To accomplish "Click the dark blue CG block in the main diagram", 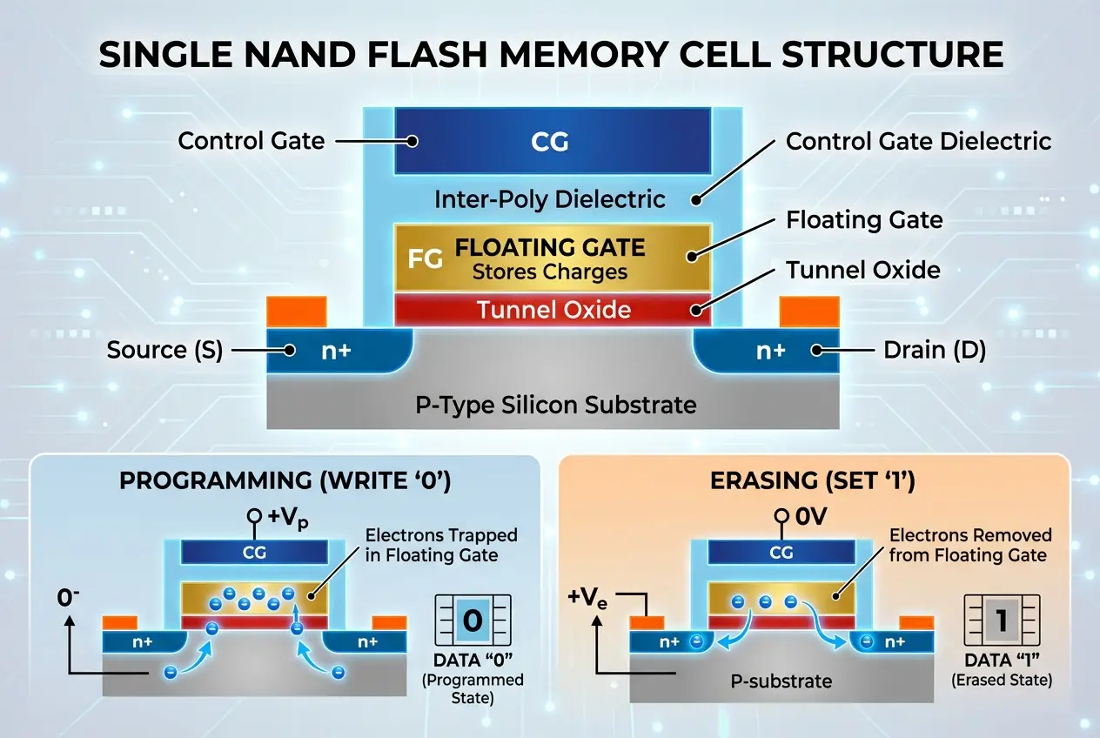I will point(553,141).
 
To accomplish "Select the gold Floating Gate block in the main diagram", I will point(553,258).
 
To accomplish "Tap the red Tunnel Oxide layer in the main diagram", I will point(553,309).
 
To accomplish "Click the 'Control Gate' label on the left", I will point(251,141).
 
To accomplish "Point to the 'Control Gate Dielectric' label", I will point(918,141).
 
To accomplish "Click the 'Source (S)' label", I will point(164,351).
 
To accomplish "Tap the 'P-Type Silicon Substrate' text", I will point(553,405).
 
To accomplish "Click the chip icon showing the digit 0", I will point(473,621).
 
